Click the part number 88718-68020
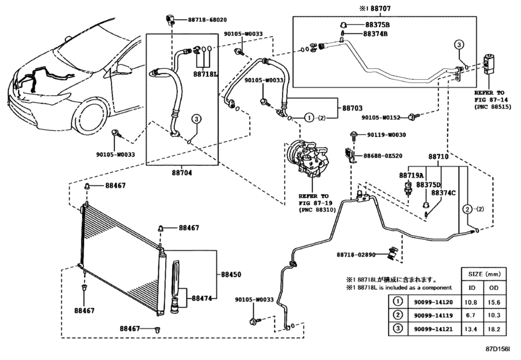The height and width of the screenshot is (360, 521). coord(208,20)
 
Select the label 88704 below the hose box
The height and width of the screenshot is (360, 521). coord(182,173)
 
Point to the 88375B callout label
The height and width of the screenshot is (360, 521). coord(378,24)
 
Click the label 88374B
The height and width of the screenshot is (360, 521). coord(375,33)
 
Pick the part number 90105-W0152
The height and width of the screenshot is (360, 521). coord(381,118)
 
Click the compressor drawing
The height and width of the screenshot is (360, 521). coord(309,159)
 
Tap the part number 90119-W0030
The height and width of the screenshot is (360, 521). coord(387,134)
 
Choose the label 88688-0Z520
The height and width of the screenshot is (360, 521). coord(383,156)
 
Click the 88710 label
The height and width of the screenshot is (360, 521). coord(438,156)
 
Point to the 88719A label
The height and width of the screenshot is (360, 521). coord(411,175)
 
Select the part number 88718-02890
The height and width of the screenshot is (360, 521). coord(356,255)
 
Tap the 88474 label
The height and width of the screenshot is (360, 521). coord(202,298)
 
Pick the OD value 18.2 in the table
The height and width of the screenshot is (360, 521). coord(494,329)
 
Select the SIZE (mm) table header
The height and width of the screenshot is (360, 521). coord(484,274)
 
